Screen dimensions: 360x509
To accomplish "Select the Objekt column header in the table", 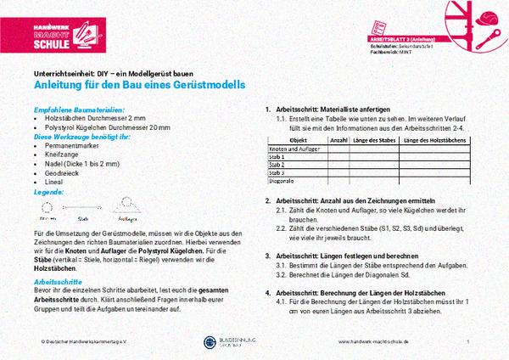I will click(298, 140).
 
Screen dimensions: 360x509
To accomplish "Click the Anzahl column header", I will click(338, 140).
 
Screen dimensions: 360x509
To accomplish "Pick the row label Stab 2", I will click(277, 165).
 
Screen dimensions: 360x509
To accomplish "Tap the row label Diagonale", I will click(281, 180).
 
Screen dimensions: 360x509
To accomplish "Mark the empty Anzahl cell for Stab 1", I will click(338, 157).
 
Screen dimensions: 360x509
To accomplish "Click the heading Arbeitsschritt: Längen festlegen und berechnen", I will click(349, 255).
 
